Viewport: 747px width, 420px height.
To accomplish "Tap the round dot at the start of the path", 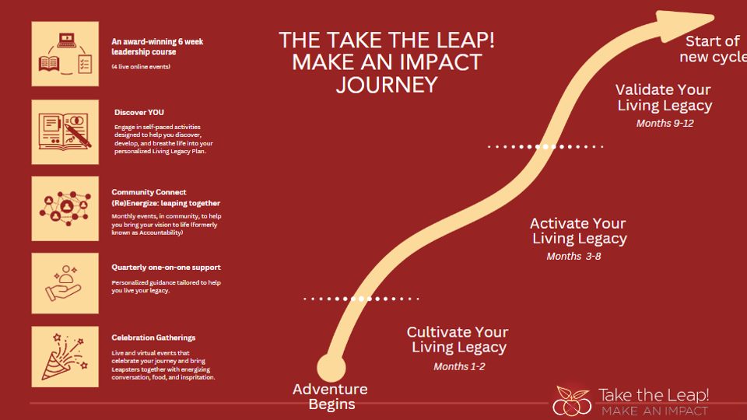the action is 331,368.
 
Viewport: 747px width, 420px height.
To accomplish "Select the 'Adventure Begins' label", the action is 331,396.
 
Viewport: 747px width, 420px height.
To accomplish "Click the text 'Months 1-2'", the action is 459,366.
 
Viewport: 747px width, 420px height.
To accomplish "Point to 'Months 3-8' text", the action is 573,256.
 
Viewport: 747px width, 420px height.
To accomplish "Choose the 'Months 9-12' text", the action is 665,124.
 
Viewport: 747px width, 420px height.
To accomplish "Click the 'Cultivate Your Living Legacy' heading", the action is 458,340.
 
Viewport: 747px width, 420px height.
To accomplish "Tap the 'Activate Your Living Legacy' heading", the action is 578,231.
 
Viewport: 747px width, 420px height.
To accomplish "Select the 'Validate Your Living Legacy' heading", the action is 664,98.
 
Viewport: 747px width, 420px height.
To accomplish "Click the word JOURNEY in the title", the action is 387,85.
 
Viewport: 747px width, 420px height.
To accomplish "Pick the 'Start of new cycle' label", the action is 714,49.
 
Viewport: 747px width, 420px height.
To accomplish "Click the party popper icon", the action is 65,357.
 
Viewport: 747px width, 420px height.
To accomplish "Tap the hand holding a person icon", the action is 65,283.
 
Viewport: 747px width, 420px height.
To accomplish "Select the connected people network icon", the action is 65,208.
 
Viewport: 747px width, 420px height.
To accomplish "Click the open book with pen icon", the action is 65,132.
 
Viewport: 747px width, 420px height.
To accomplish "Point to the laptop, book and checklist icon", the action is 65,54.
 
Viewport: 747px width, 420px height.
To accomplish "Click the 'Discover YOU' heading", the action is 139,112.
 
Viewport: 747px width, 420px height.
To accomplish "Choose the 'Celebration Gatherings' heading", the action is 153,338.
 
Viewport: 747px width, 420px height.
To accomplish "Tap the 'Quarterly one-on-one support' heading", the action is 166,268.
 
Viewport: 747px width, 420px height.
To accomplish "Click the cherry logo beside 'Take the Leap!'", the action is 572,401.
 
